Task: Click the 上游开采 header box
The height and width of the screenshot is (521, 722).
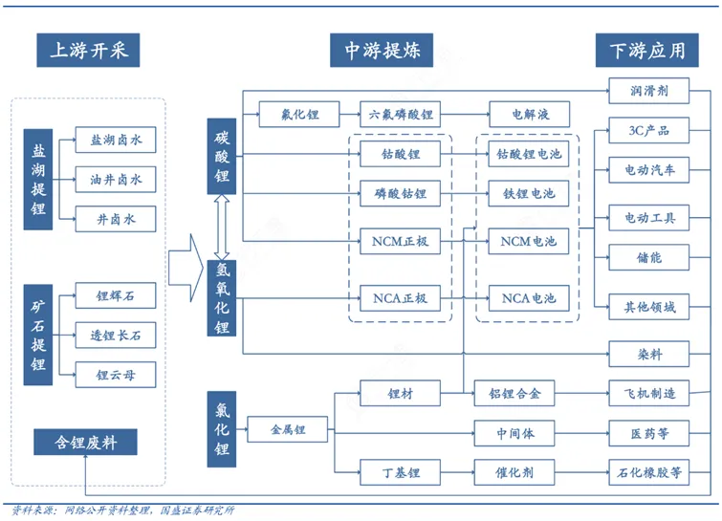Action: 88,50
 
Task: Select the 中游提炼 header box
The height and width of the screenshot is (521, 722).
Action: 382,50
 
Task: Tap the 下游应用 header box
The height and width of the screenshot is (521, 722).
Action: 647,50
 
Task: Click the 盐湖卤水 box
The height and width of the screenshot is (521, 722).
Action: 116,140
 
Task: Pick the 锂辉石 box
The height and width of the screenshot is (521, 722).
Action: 116,295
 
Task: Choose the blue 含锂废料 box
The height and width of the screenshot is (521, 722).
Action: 85,442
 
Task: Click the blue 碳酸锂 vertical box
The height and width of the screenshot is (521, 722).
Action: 222,156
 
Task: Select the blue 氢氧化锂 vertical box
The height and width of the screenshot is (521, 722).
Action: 222,297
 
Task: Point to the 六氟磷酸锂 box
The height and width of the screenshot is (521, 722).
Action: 400,114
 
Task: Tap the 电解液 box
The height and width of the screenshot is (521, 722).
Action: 530,114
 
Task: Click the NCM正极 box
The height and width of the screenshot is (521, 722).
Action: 400,241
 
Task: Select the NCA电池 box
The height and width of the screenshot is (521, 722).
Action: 529,298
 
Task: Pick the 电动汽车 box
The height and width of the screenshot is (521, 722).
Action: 649,170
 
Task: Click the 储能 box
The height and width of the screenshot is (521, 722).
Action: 649,257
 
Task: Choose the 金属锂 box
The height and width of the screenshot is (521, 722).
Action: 288,429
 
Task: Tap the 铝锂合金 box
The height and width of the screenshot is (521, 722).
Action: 514,393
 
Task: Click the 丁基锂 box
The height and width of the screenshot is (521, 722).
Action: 400,472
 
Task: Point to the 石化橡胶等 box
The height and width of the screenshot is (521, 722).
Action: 649,472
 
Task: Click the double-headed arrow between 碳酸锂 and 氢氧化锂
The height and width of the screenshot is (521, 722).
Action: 222,228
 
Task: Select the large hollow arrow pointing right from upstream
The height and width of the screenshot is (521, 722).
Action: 186,268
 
